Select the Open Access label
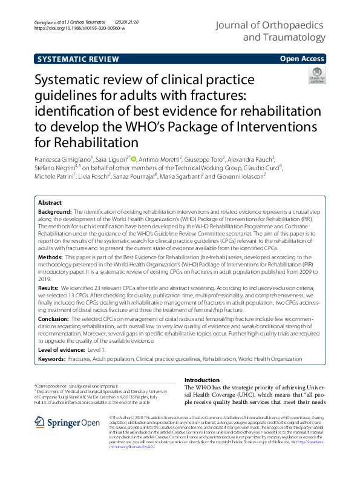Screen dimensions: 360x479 [303, 59]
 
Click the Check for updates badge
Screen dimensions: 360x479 [316, 76]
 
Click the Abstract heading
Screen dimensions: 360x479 [50, 203]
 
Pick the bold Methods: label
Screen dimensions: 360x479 [51, 257]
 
